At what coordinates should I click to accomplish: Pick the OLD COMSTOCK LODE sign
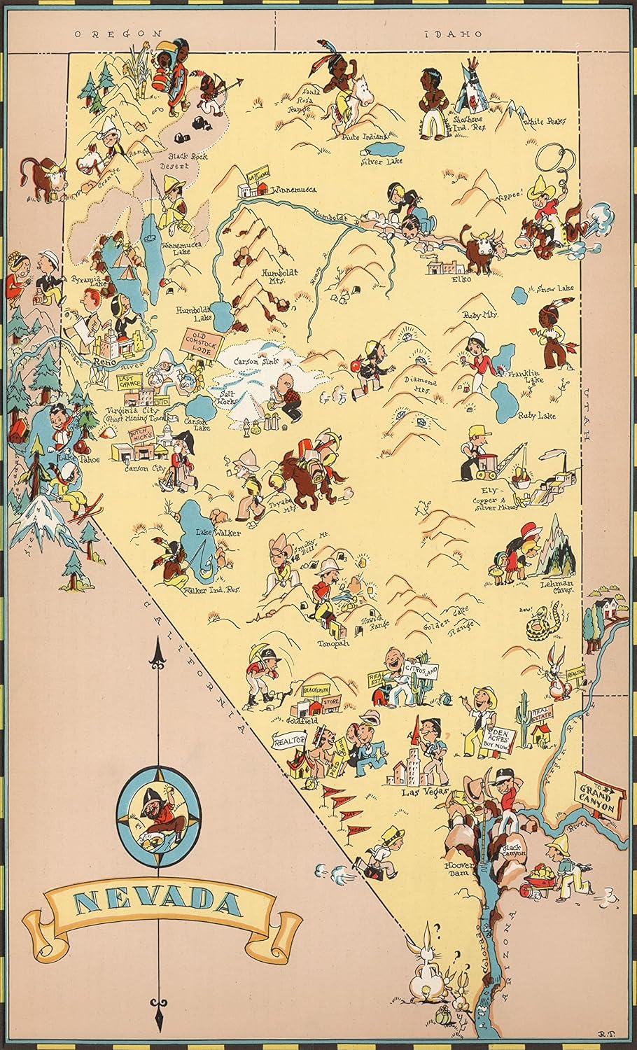coord(197,342)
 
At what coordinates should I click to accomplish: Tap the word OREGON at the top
coord(118,33)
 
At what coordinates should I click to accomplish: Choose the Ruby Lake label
coord(536,416)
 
